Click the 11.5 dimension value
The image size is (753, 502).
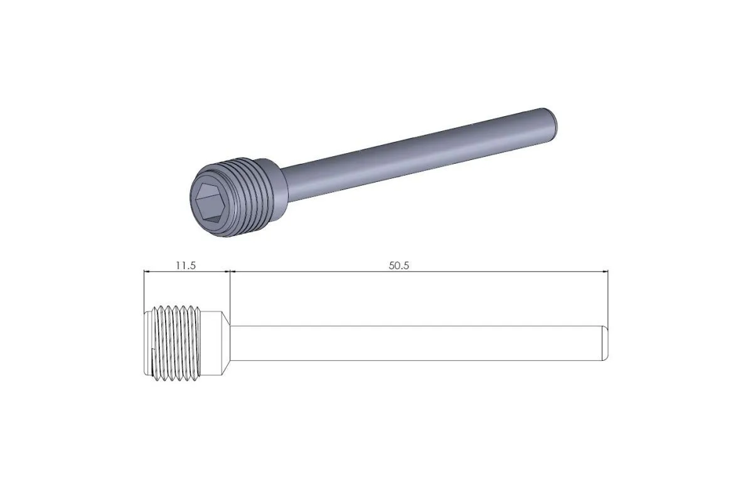coord(186,265)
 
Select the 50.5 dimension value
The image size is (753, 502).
coord(398,265)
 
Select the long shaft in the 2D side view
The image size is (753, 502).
coord(414,343)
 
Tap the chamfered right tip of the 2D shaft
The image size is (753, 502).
coord(605,343)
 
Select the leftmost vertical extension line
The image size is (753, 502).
coord(144,289)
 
